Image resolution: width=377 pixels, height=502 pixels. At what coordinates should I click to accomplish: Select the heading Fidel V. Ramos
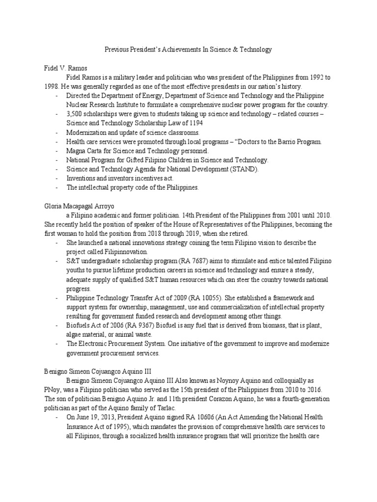[61, 68]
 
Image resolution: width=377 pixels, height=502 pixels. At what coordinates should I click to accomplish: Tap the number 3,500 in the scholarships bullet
[76, 114]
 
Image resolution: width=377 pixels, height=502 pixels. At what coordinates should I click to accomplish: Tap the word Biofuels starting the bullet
[78, 326]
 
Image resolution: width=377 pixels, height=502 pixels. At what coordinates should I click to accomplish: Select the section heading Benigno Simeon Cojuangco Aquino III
[102, 371]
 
